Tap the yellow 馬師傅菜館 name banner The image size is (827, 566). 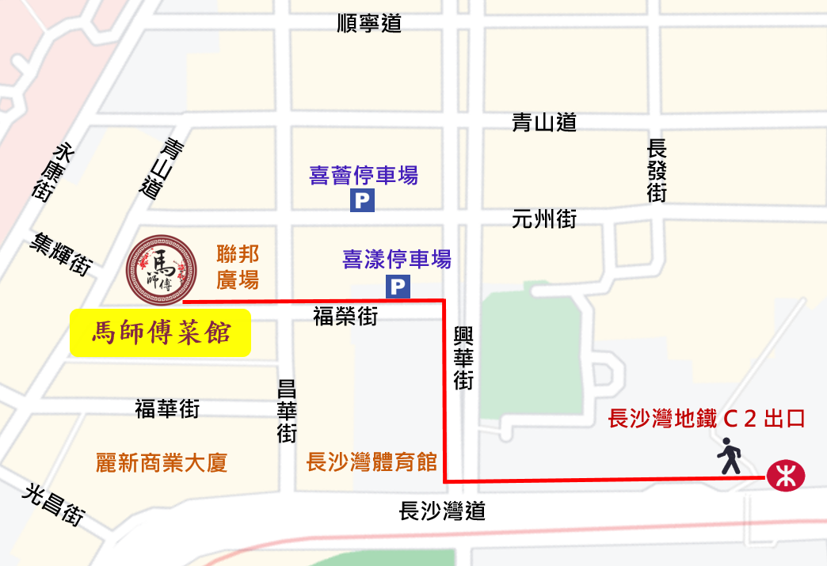click(x=161, y=332)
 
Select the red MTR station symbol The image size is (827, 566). click(x=785, y=477)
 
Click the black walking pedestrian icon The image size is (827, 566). click(x=730, y=458)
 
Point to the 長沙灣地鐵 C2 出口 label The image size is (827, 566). click(x=706, y=419)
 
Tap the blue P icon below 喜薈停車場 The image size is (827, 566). click(x=362, y=202)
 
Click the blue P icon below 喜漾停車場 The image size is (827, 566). click(x=398, y=287)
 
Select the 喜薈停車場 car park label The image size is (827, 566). click(x=364, y=175)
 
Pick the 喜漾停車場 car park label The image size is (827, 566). click(x=397, y=259)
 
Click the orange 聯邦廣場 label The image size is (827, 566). click(x=238, y=267)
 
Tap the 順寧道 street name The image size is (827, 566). click(x=369, y=24)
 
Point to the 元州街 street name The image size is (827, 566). click(x=544, y=219)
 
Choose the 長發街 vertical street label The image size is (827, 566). click(x=657, y=171)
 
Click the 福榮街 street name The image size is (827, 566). click(x=345, y=317)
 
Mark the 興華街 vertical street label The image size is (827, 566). click(x=463, y=357)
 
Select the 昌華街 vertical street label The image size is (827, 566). click(x=287, y=412)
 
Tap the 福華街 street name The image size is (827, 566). click(x=167, y=409)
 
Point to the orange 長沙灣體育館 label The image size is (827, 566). click(x=372, y=462)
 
